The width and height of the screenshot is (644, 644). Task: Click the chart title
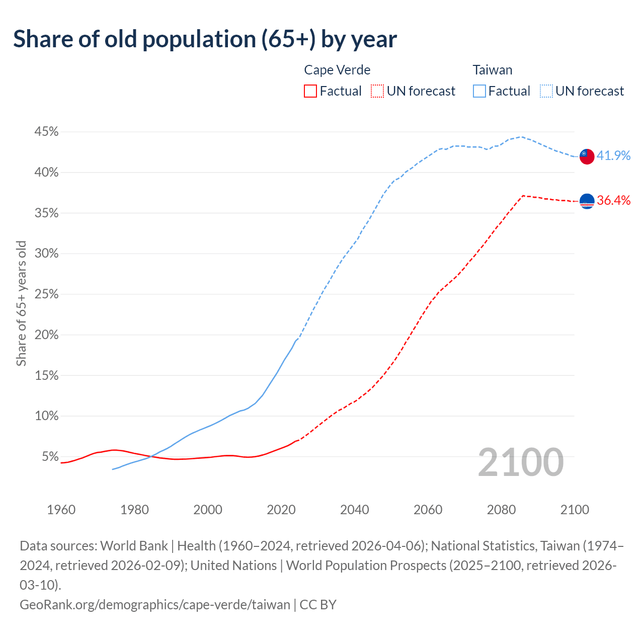[x=205, y=39]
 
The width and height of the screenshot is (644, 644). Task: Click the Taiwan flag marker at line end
[x=587, y=156]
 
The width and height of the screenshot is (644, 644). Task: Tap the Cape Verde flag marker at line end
[x=587, y=201]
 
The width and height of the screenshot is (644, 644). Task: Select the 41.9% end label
[x=613, y=155]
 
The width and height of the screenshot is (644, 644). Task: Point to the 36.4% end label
[x=613, y=200]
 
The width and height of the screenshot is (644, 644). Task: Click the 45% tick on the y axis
[x=46, y=132]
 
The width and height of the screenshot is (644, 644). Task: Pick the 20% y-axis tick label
[x=46, y=335]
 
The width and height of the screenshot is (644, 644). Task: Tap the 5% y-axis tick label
[x=50, y=457]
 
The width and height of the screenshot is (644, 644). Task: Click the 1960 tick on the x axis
[x=61, y=510]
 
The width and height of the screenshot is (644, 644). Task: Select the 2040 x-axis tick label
[x=355, y=510]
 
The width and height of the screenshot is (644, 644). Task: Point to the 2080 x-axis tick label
[x=501, y=510]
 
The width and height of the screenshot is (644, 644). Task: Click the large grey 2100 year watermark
[x=520, y=462]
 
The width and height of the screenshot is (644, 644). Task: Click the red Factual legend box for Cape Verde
[x=310, y=91]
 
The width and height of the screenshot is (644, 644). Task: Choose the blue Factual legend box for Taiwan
[x=479, y=91]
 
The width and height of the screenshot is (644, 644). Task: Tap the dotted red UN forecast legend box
[x=377, y=91]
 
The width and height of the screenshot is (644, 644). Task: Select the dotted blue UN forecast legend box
[x=546, y=91]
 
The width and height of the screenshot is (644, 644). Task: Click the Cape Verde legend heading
[x=337, y=70]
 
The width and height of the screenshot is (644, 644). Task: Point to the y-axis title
[x=21, y=303]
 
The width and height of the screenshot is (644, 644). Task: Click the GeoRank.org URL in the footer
[x=155, y=604]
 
